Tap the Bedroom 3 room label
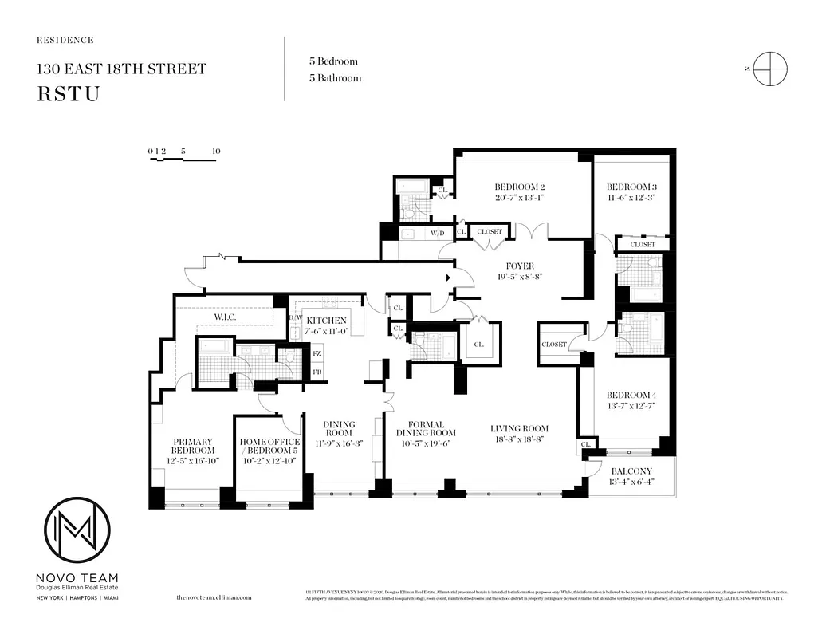coord(631,187)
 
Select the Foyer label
coord(519,266)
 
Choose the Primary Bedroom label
coord(192,446)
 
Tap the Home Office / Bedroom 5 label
coord(269,447)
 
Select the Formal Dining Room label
coord(425,429)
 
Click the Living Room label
coord(519,428)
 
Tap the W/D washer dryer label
coord(438,234)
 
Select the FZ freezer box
coord(317,353)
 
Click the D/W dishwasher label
coord(293,317)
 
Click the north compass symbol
coord(771,69)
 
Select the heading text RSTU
coord(68,93)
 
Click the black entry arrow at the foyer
coord(450,278)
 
